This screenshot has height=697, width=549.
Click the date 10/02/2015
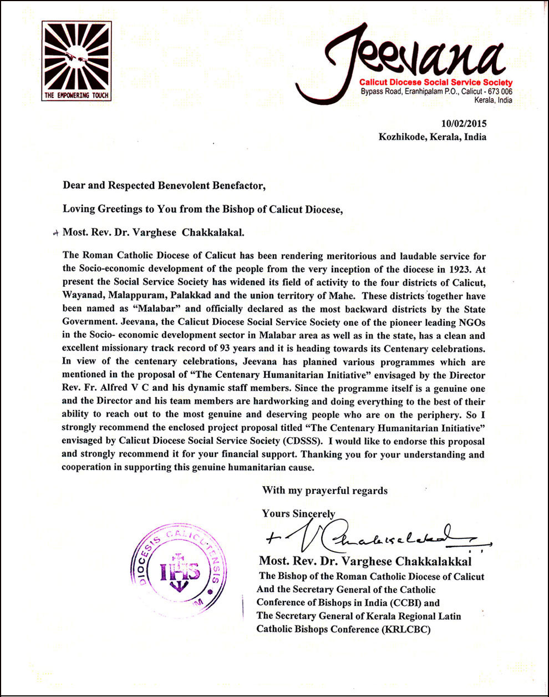coord(464,124)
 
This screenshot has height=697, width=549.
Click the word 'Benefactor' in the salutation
coord(235,185)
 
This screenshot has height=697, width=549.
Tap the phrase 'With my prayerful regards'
coord(325,491)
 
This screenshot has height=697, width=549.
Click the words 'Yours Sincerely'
coord(298,514)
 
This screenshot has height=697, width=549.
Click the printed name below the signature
coord(365,561)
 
